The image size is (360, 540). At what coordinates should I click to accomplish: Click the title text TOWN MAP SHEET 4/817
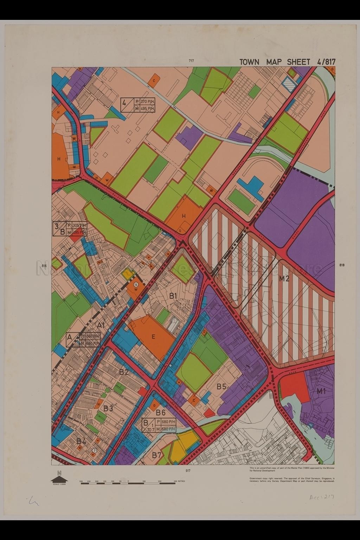click(287, 62)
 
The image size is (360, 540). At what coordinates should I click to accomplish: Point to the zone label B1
click(173, 296)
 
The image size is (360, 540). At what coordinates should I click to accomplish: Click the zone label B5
click(221, 387)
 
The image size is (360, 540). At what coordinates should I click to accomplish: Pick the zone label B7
click(157, 455)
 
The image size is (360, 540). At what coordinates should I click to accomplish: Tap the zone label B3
click(108, 409)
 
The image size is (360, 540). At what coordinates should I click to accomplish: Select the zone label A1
click(101, 326)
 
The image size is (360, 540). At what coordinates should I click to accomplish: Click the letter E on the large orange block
click(153, 336)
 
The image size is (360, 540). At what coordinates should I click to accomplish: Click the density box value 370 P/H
click(148, 102)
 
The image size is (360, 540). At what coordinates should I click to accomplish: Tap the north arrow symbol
click(59, 479)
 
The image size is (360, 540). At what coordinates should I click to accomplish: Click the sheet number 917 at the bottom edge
click(188, 470)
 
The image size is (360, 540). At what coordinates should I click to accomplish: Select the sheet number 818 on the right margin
click(342, 265)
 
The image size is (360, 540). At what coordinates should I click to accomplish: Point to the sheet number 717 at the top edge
click(191, 61)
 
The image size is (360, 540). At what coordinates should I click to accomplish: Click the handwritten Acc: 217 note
click(321, 497)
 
